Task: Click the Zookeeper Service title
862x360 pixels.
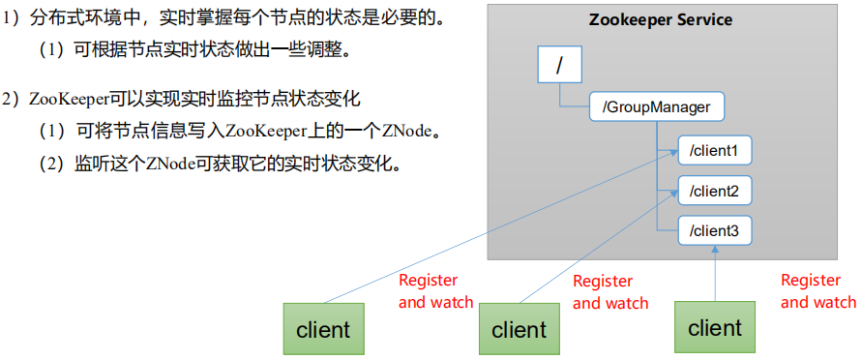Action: [x=661, y=20]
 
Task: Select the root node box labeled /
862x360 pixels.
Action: [x=558, y=66]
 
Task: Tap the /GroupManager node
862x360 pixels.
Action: [x=656, y=107]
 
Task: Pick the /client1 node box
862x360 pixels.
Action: [x=714, y=151]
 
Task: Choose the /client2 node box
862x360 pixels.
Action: [x=714, y=191]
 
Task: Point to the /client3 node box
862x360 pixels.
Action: [x=714, y=230]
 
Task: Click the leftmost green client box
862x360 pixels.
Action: [x=323, y=329]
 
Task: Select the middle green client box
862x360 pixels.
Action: [x=519, y=330]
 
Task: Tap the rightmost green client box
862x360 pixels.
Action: [x=715, y=328]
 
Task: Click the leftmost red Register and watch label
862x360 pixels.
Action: [x=435, y=291]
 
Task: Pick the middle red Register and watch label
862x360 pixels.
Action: [x=610, y=292]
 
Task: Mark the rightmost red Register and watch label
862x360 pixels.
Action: [x=818, y=291]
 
